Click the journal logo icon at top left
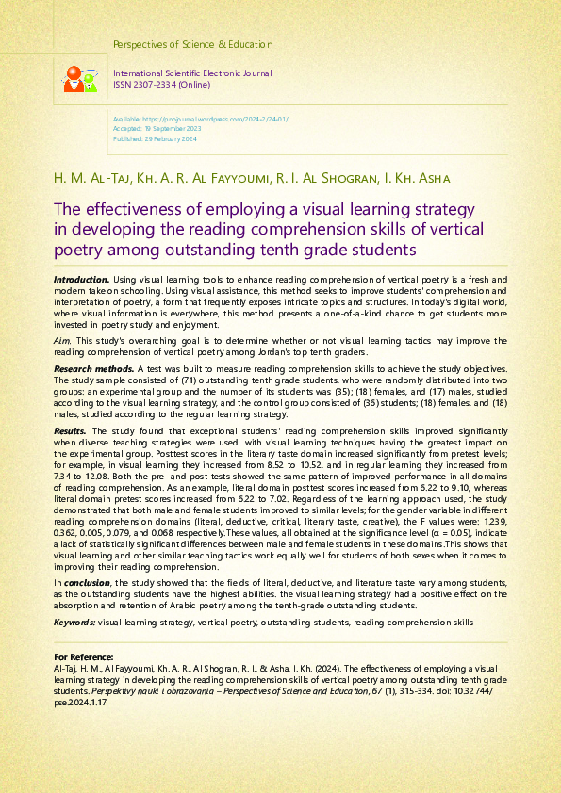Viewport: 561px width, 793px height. pos(80,79)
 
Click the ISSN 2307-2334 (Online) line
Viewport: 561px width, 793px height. pos(161,84)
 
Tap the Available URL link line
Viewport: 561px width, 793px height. pos(200,121)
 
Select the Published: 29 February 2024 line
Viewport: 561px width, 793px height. pos(155,138)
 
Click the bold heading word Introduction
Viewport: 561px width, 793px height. pos(81,281)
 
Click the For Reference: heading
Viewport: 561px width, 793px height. pos(84,656)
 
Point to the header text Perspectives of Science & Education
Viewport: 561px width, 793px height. pos(192,44)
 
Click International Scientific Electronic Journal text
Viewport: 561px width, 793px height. pos(192,73)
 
